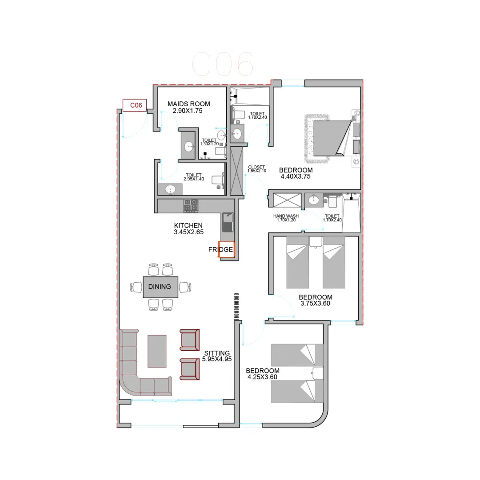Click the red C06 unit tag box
(135, 105)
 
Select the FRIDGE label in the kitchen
(220, 249)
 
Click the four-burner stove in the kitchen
(191, 206)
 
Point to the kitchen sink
(227, 222)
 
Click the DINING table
(160, 287)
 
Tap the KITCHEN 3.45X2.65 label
(188, 229)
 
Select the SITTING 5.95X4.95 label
(217, 356)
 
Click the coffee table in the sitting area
(157, 351)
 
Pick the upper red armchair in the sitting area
(189, 340)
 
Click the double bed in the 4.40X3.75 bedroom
(332, 138)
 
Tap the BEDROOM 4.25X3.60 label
(262, 374)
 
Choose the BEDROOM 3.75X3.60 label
(315, 300)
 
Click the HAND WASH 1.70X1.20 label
(286, 218)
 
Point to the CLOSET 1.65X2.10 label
(256, 169)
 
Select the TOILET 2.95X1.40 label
(193, 177)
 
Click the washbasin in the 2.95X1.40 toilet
(170, 189)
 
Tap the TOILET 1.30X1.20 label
(209, 142)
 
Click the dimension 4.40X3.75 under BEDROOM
(296, 176)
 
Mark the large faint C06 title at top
(223, 64)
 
